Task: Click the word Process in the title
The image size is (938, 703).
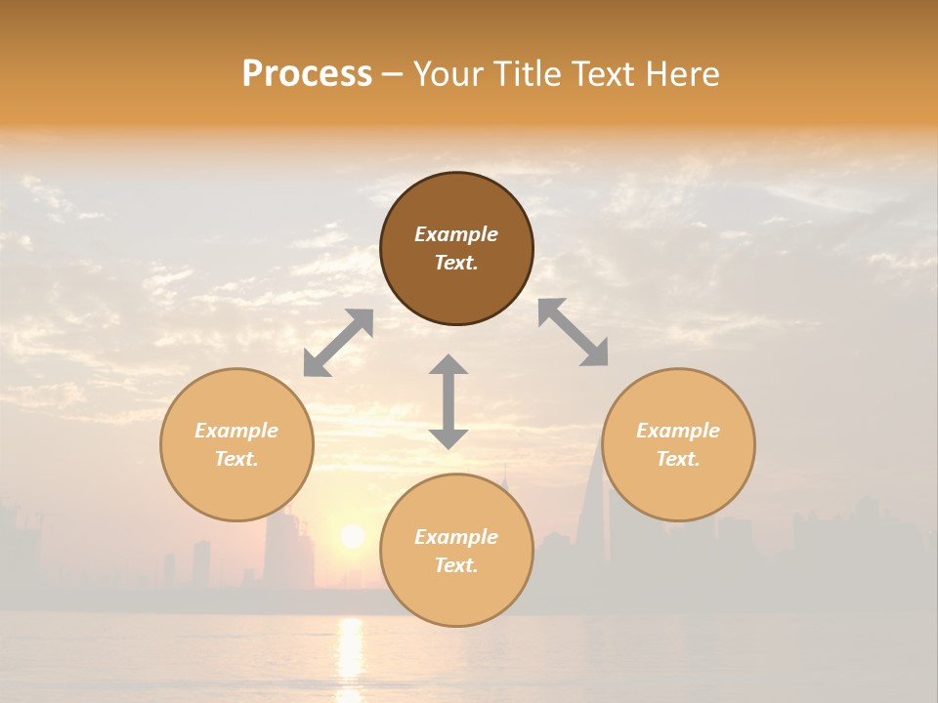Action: (307, 74)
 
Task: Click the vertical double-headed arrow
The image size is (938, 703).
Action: (448, 401)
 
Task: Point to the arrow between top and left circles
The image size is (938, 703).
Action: (338, 343)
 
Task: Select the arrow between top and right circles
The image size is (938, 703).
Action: (574, 332)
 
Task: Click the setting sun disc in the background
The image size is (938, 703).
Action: (352, 536)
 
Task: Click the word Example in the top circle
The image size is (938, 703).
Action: (456, 234)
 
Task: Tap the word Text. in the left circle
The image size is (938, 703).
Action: (236, 459)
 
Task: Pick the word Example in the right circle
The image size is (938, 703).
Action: (678, 431)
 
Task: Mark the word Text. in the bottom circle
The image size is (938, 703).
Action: (456, 565)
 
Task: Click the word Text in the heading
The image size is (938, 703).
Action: (604, 74)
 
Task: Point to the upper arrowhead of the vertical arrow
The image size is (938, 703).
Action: (448, 365)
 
